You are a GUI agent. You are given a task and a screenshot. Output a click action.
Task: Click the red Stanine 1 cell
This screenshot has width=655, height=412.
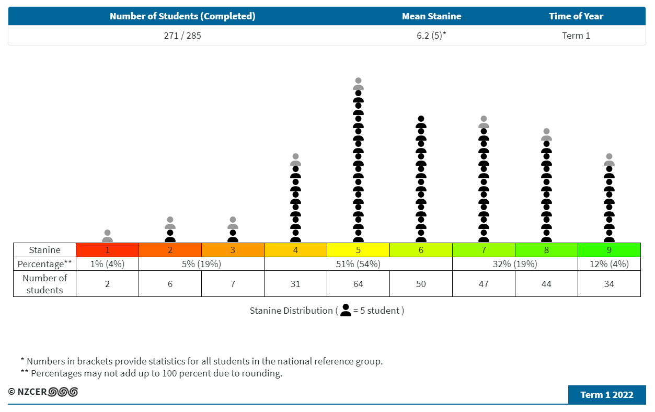(x=107, y=250)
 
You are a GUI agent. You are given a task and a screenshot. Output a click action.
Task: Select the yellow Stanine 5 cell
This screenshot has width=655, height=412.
(x=358, y=250)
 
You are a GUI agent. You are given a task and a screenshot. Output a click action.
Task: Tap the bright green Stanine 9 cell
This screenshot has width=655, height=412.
(x=609, y=250)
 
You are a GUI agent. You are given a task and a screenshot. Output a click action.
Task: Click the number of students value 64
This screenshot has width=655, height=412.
(x=358, y=284)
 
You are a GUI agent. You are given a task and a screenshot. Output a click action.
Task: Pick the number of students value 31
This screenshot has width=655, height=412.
(x=295, y=284)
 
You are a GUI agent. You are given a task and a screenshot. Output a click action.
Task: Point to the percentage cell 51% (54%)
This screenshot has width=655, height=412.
(x=358, y=264)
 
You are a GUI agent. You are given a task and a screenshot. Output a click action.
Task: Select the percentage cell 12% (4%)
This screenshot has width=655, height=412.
(x=609, y=264)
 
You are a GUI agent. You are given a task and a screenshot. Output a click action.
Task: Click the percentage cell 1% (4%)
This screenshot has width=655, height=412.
(x=107, y=264)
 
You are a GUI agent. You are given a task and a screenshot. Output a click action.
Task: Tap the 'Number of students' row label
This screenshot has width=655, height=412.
(x=45, y=284)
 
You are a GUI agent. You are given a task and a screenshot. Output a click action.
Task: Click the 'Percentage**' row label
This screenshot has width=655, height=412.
(x=45, y=264)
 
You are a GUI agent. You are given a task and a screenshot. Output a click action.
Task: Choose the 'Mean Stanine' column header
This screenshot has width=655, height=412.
(x=431, y=16)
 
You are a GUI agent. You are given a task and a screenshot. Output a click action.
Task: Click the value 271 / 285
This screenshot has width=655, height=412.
(x=182, y=36)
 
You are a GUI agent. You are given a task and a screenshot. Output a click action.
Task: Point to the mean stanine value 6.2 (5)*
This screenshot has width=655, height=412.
(x=431, y=36)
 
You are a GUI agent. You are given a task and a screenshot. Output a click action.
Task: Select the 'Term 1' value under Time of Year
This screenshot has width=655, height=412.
(x=576, y=36)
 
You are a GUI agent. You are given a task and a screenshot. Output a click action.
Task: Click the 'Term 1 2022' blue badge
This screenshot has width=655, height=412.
(x=607, y=395)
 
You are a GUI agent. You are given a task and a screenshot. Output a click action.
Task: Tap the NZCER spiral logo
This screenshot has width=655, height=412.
(x=63, y=392)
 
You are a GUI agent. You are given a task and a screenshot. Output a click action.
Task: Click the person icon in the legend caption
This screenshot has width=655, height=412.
(x=346, y=311)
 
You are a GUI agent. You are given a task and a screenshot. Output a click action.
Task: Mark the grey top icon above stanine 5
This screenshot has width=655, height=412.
(x=358, y=84)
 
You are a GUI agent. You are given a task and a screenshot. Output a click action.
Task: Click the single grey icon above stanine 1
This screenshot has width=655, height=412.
(x=107, y=236)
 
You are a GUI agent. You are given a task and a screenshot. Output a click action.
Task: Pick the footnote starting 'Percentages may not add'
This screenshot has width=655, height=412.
(x=156, y=373)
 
